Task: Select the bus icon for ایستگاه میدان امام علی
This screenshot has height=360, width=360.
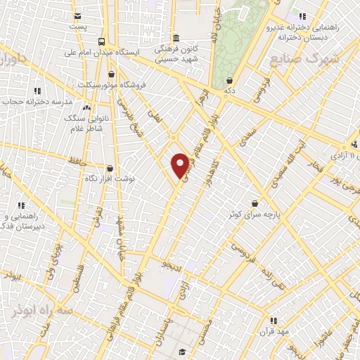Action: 103,41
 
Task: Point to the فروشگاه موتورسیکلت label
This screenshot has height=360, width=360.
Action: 144,85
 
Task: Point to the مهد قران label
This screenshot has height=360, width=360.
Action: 273,331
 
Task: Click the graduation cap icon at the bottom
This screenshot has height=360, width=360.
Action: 182,352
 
